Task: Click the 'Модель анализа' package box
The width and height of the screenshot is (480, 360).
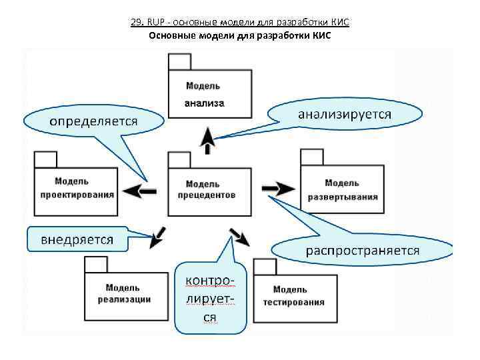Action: click(x=205, y=94)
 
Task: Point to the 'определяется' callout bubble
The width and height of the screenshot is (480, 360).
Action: click(x=93, y=121)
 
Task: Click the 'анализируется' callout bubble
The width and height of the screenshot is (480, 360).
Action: click(x=345, y=114)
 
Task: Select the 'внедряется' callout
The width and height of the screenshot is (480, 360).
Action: click(x=77, y=239)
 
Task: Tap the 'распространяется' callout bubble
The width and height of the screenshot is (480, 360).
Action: click(x=363, y=251)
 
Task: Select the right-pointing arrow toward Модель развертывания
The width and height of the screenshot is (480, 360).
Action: click(x=275, y=189)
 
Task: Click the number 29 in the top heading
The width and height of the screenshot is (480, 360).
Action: click(x=136, y=22)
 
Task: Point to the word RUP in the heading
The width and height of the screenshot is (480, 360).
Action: click(x=155, y=22)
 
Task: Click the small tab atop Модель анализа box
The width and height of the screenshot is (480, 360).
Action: click(x=179, y=62)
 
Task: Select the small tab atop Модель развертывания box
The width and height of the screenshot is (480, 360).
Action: click(x=310, y=157)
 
